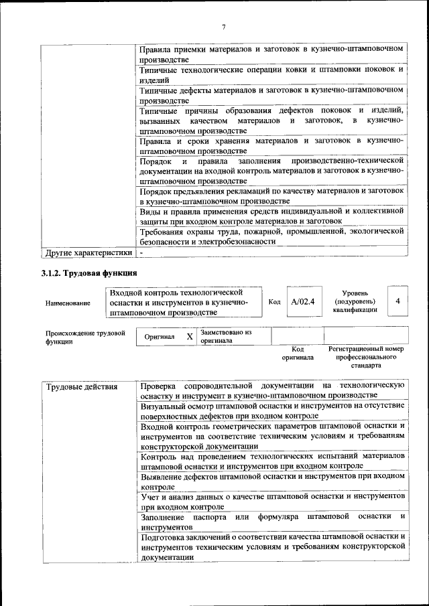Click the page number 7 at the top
224,26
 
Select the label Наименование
68,303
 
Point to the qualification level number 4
397,301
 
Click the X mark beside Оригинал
190,336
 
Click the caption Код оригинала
298,354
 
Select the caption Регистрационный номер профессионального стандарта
365,358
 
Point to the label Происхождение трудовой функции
85,337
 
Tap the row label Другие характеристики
87,253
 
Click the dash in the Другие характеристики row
141,253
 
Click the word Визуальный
164,405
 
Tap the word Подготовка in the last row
164,536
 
